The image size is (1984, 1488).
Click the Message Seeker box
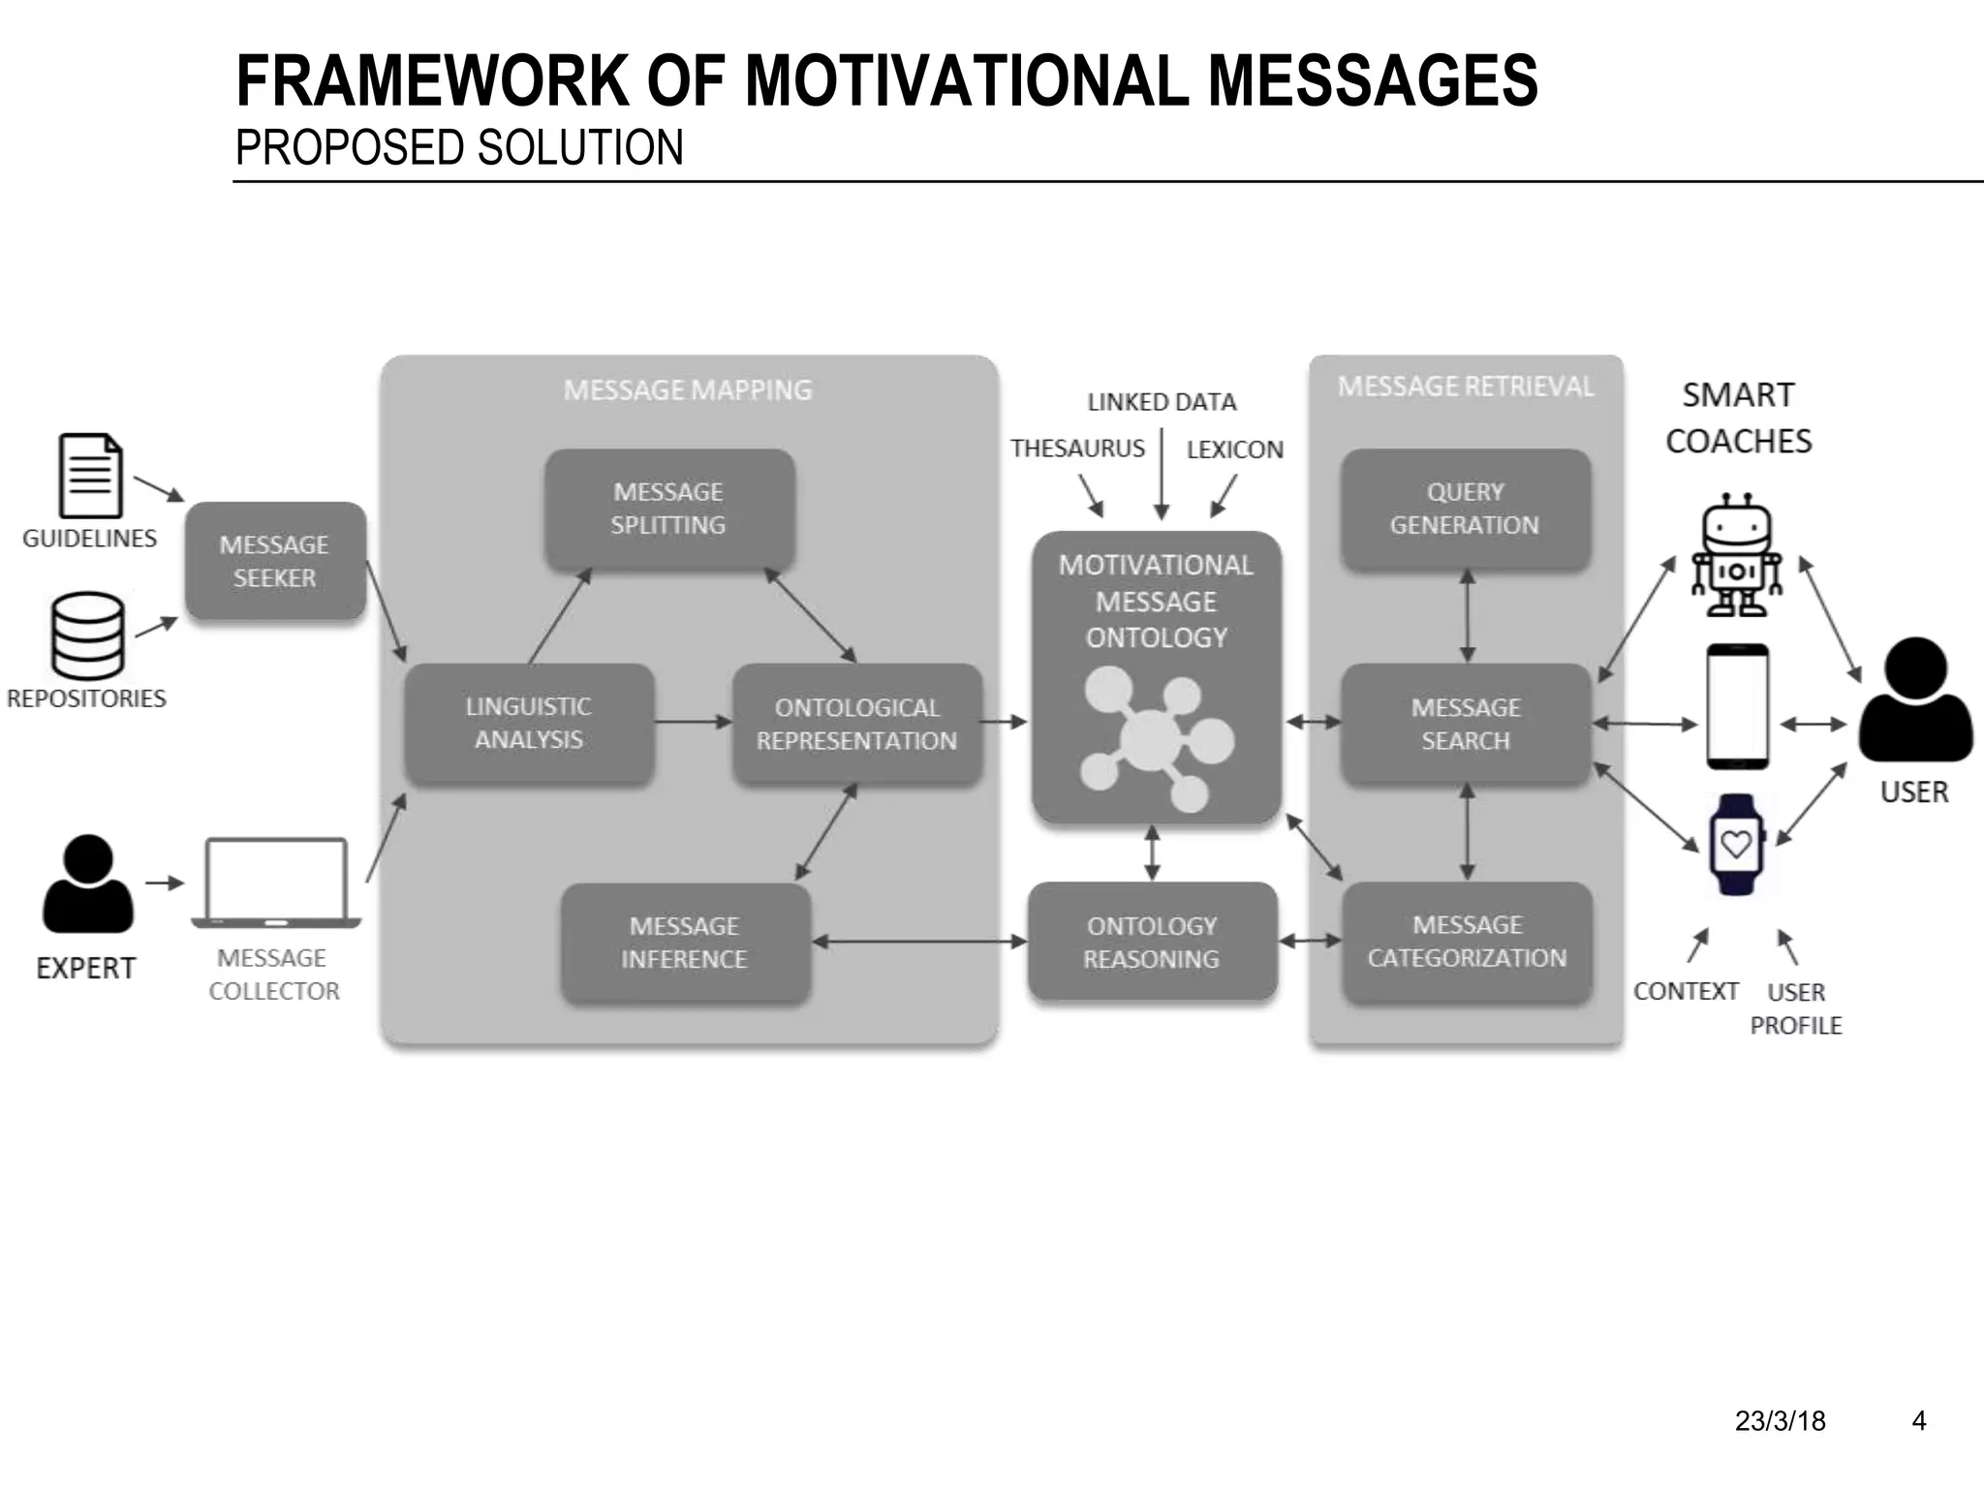(x=275, y=561)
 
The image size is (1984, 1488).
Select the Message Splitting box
(x=669, y=509)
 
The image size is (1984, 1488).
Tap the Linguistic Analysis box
(x=529, y=723)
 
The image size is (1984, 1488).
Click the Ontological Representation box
(x=857, y=724)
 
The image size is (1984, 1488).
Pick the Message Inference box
(x=685, y=942)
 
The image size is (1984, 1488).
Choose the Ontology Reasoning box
(x=1152, y=942)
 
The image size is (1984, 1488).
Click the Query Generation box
(x=1466, y=509)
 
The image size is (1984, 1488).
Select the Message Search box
(x=1466, y=724)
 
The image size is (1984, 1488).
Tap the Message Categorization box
(x=1467, y=942)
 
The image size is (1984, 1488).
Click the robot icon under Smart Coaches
(x=1737, y=556)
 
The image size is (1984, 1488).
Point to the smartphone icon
(x=1737, y=707)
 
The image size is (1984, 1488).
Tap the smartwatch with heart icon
(x=1736, y=845)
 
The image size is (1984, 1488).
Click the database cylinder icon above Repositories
(x=88, y=635)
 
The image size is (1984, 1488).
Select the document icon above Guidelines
(x=90, y=476)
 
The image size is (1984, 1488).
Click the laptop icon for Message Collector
(x=276, y=882)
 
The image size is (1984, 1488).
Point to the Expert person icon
(x=88, y=883)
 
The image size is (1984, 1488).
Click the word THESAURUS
(x=1077, y=449)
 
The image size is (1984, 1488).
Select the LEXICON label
(x=1234, y=449)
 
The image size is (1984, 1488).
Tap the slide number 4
(x=1918, y=1421)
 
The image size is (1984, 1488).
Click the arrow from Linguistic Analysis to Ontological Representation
(x=693, y=722)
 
